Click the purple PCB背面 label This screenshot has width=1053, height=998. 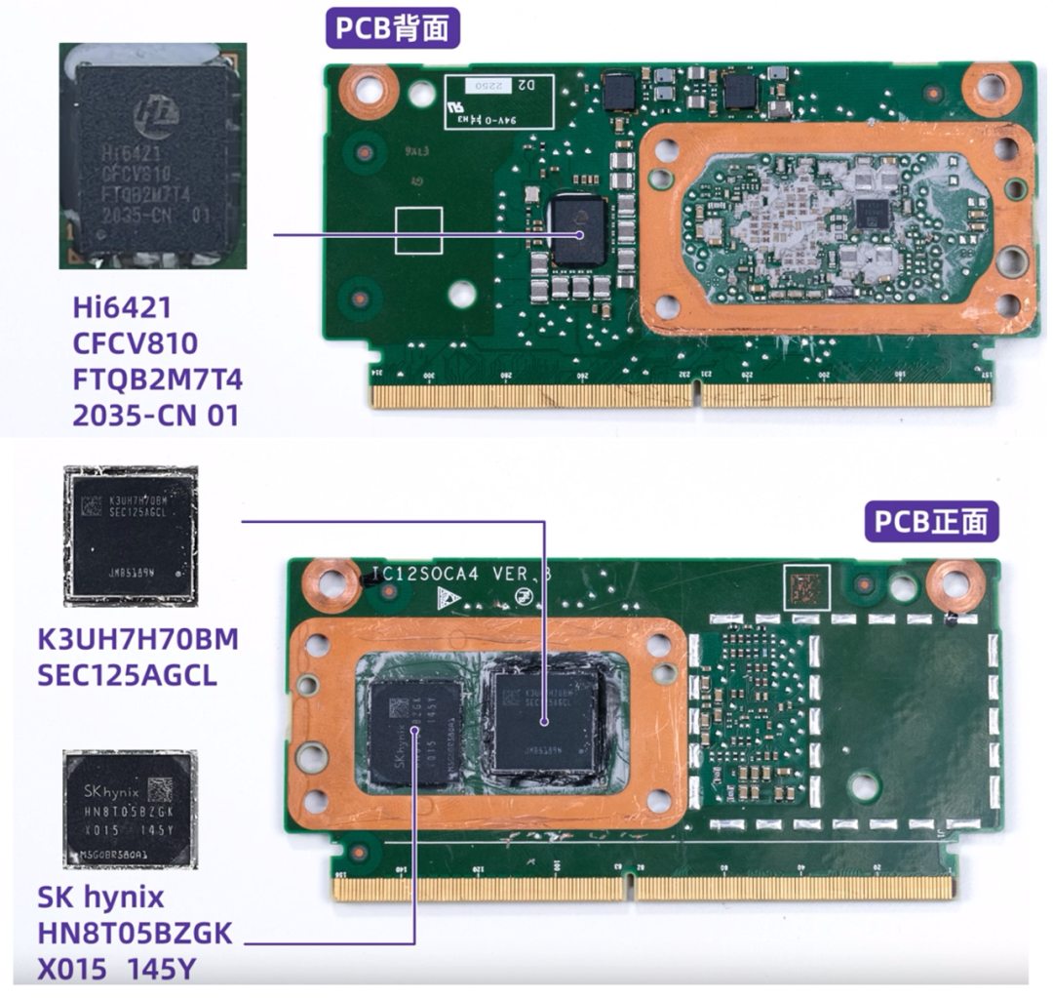393,28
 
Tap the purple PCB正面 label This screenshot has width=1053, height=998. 932,523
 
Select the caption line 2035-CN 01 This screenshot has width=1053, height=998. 155,416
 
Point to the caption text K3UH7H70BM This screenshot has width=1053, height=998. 137,640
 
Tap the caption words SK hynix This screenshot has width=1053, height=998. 100,897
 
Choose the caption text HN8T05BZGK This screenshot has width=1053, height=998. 135,933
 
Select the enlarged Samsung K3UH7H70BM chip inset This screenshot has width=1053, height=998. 131,536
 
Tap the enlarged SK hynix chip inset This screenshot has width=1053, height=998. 131,809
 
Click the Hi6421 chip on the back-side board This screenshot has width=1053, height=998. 578,228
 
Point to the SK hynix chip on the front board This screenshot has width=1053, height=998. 416,732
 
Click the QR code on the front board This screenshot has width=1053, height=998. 806,588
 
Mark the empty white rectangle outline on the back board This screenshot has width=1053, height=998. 418,230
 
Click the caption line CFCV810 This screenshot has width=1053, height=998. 136,344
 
